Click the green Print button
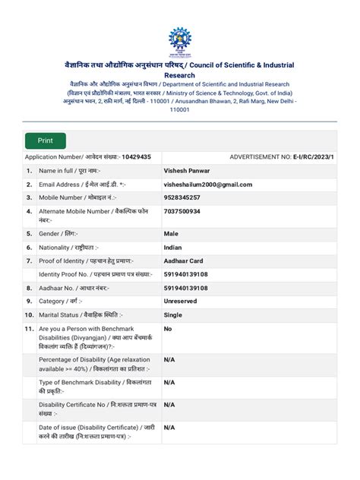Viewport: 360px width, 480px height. point(46,141)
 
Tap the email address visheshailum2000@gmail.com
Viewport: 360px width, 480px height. point(207,184)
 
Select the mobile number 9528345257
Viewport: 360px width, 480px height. point(182,197)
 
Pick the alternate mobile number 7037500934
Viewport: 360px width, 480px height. point(182,212)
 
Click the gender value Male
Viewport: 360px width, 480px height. point(171,233)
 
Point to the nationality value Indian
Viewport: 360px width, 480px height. point(173,247)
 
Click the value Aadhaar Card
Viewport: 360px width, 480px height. point(185,261)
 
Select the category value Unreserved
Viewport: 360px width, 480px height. point(183,301)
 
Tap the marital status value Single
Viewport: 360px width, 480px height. point(173,314)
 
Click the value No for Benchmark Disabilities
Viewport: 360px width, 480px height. point(168,328)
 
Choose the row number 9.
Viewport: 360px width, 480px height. point(28,301)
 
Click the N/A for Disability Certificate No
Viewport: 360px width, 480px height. point(169,405)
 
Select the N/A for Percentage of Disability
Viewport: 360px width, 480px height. point(169,359)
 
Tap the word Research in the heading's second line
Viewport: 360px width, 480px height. point(180,76)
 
